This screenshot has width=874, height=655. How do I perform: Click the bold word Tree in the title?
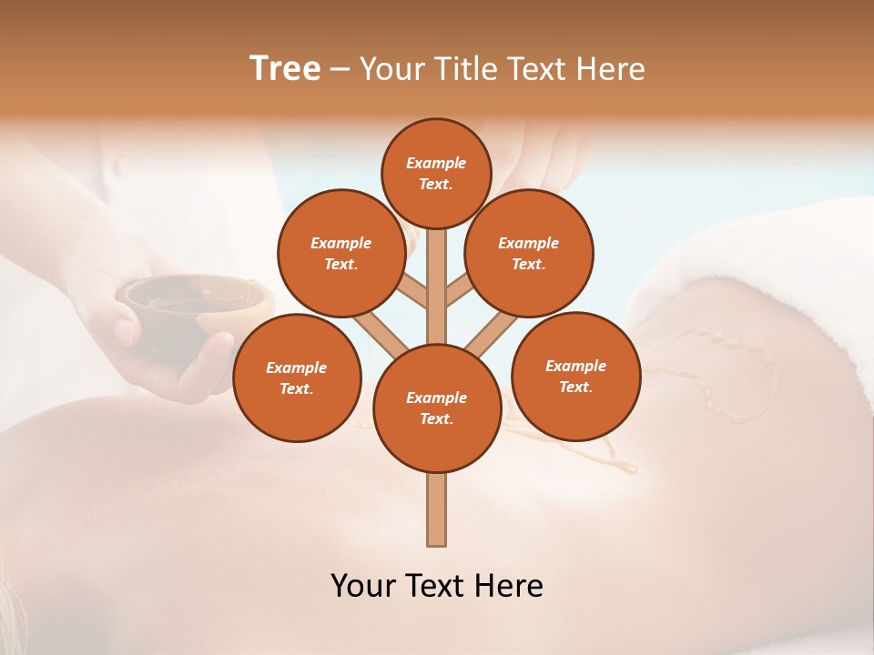point(285,68)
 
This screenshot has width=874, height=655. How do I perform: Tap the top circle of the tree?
point(436,173)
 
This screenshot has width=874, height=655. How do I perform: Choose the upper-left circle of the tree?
point(340,253)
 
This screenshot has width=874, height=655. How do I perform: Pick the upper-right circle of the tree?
point(528,253)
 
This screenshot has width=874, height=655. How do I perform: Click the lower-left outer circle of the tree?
point(297,378)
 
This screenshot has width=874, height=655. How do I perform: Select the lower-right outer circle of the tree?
point(575,376)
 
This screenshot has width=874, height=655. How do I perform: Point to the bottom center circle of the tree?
point(436,408)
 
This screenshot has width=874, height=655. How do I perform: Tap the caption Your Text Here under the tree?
point(436,585)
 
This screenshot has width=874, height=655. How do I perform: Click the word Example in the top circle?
point(436,163)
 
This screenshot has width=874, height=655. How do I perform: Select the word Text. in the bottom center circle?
point(436,418)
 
